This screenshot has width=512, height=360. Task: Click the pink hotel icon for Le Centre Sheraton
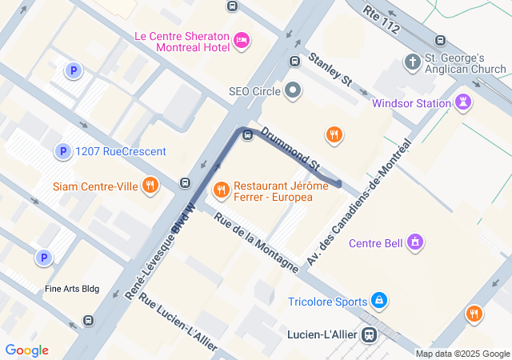(x=242, y=40)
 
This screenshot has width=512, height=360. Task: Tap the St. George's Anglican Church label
(x=465, y=63)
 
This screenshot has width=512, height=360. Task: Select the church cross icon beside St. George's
(x=412, y=62)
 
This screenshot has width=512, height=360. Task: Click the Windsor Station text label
(x=411, y=102)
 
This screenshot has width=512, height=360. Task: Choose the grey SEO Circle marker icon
(x=293, y=91)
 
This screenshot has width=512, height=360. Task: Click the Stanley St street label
(x=330, y=69)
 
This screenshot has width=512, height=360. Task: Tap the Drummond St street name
(x=290, y=147)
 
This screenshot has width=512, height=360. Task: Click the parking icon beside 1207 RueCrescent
(x=62, y=151)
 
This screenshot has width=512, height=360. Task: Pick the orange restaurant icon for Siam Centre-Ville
(x=150, y=186)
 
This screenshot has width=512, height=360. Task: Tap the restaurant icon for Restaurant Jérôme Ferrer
(x=222, y=190)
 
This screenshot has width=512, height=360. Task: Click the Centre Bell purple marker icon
(x=414, y=242)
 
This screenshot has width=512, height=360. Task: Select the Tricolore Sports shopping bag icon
(x=379, y=302)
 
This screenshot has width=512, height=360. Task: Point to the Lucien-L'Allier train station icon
(x=370, y=334)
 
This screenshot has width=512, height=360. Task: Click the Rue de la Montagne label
(x=256, y=234)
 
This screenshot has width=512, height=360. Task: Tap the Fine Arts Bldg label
(x=72, y=289)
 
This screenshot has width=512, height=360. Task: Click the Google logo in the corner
(x=26, y=350)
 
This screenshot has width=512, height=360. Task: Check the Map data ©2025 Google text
(x=462, y=354)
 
